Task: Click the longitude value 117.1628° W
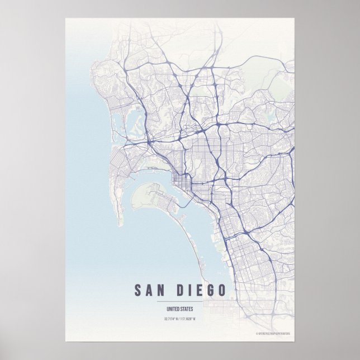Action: pos(189,320)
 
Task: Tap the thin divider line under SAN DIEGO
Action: pos(180,302)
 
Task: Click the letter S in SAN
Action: pos(138,291)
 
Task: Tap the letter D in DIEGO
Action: pos(182,291)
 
